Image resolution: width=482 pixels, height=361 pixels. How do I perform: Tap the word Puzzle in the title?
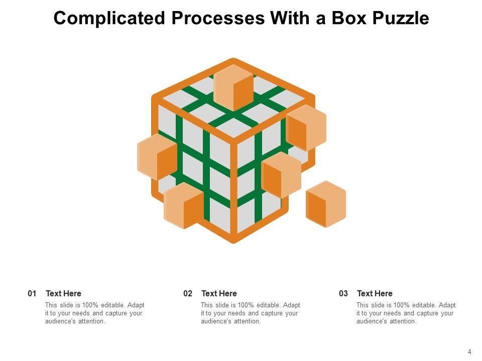[401, 19]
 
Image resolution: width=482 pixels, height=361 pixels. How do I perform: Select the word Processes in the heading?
[218, 19]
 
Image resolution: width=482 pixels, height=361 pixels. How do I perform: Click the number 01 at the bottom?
[32, 293]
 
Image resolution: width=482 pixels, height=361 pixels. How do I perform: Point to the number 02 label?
[188, 293]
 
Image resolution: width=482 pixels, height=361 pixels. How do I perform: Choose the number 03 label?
[343, 293]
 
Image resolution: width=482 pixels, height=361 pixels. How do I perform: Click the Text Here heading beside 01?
[63, 293]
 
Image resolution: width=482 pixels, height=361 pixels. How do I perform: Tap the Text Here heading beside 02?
[219, 293]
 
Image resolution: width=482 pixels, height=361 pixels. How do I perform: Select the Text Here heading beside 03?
[375, 293]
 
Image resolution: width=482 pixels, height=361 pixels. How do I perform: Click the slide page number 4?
[469, 352]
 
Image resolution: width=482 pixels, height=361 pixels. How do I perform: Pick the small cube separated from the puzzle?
[326, 204]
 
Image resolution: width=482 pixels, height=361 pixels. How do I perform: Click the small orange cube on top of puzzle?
[233, 87]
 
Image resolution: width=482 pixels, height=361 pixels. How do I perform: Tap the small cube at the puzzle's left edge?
[157, 157]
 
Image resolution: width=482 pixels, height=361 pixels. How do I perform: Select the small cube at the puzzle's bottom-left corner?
[184, 206]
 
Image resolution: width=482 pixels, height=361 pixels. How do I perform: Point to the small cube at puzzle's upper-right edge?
[306, 128]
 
